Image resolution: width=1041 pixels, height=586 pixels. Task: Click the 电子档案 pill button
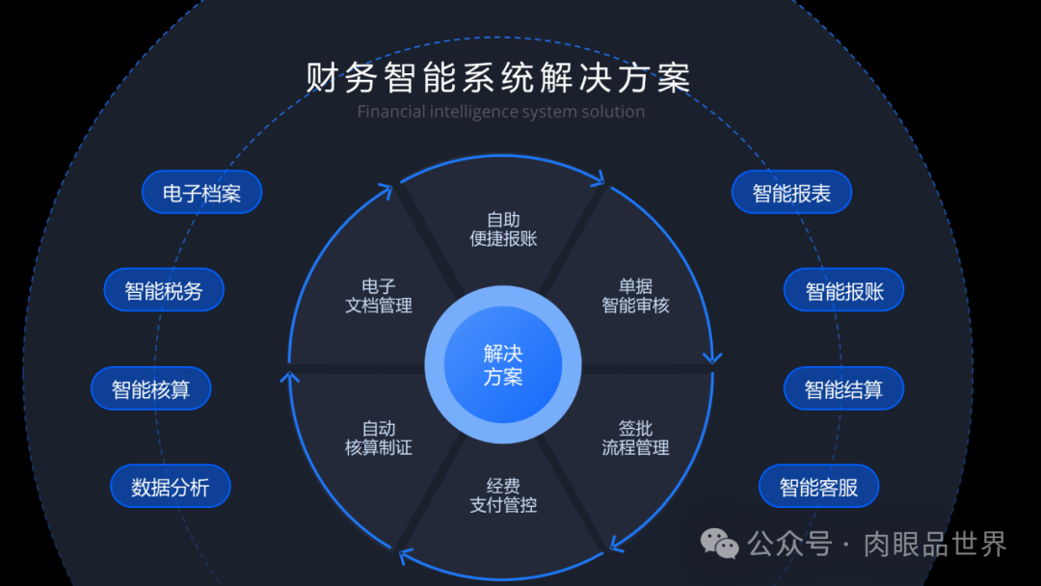[201, 193]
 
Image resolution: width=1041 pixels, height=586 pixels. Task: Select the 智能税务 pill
[164, 290]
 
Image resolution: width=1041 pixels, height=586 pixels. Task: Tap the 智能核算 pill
[150, 389]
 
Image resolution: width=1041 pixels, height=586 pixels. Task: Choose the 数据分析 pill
[171, 487]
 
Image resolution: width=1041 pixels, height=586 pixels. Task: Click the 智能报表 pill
[791, 193]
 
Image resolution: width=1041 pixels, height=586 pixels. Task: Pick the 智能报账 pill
[844, 291]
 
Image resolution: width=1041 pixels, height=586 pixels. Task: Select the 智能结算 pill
[843, 389]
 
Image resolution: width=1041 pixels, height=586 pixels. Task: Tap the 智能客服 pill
[818, 487]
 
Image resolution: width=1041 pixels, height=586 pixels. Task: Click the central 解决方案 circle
[503, 364]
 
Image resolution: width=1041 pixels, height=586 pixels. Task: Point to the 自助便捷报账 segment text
[503, 229]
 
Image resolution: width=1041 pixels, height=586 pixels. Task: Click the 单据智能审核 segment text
[635, 296]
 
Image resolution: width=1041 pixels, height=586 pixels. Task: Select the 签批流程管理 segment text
[635, 438]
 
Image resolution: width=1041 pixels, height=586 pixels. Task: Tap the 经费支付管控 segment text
[503, 495]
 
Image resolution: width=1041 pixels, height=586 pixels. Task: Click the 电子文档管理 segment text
[379, 296]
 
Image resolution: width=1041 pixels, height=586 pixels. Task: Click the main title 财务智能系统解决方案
[499, 78]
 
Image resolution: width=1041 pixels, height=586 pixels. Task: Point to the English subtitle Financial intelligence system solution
[500, 112]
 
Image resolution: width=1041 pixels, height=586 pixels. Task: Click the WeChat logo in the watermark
[720, 544]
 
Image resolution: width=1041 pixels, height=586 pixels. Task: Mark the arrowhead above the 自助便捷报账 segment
[599, 178]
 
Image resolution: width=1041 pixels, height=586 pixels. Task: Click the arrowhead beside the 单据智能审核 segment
[712, 357]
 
